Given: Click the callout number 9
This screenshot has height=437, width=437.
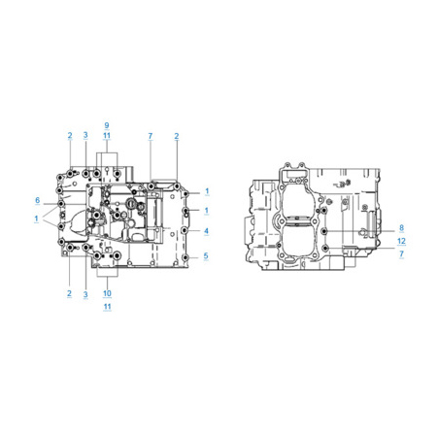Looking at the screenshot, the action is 107,125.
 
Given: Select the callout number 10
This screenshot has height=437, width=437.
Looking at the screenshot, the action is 107,293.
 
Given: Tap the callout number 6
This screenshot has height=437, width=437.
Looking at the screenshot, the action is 37,200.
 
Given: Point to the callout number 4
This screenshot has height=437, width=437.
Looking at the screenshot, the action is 206,231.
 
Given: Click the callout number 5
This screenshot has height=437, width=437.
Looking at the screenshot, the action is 206,256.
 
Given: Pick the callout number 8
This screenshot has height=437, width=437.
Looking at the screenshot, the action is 401,228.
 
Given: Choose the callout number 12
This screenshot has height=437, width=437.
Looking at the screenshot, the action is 401,241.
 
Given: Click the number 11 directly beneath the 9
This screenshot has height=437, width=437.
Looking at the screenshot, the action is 107,136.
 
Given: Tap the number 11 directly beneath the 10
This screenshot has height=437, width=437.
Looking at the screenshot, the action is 107,306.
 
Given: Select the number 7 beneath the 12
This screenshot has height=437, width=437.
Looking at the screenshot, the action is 401,253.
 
